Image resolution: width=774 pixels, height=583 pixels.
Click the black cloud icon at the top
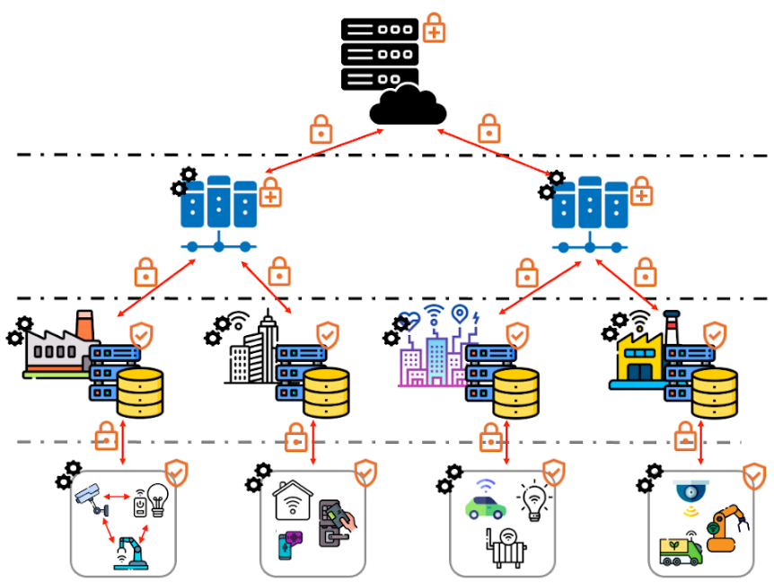click(x=408, y=105)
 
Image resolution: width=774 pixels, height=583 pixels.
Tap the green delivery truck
click(x=682, y=550)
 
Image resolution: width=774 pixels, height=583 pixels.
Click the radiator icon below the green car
click(x=506, y=548)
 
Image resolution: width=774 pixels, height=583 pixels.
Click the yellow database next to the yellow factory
click(x=715, y=393)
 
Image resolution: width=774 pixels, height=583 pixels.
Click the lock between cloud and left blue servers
click(x=321, y=129)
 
